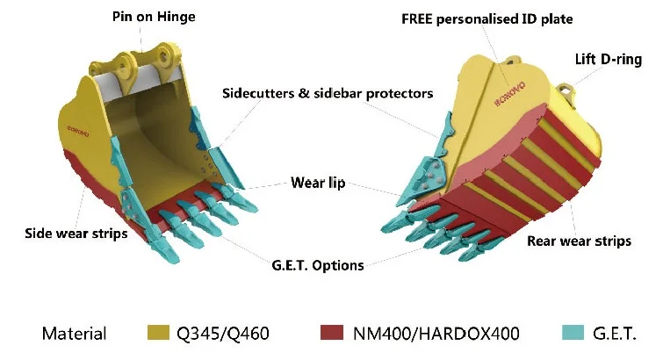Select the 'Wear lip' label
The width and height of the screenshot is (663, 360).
click(317, 184)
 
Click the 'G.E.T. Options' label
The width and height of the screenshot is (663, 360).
click(313, 264)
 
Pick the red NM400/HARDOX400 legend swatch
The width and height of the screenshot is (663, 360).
click(333, 333)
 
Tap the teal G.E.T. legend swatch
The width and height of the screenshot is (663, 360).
click(573, 333)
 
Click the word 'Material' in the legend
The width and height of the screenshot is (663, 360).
click(74, 334)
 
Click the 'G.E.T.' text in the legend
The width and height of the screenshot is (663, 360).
click(622, 334)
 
